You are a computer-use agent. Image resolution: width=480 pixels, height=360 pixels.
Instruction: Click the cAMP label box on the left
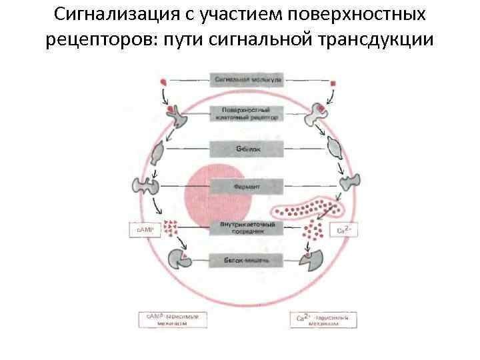point(146,230)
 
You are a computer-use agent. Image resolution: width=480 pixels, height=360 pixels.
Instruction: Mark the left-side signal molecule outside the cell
point(165,83)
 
